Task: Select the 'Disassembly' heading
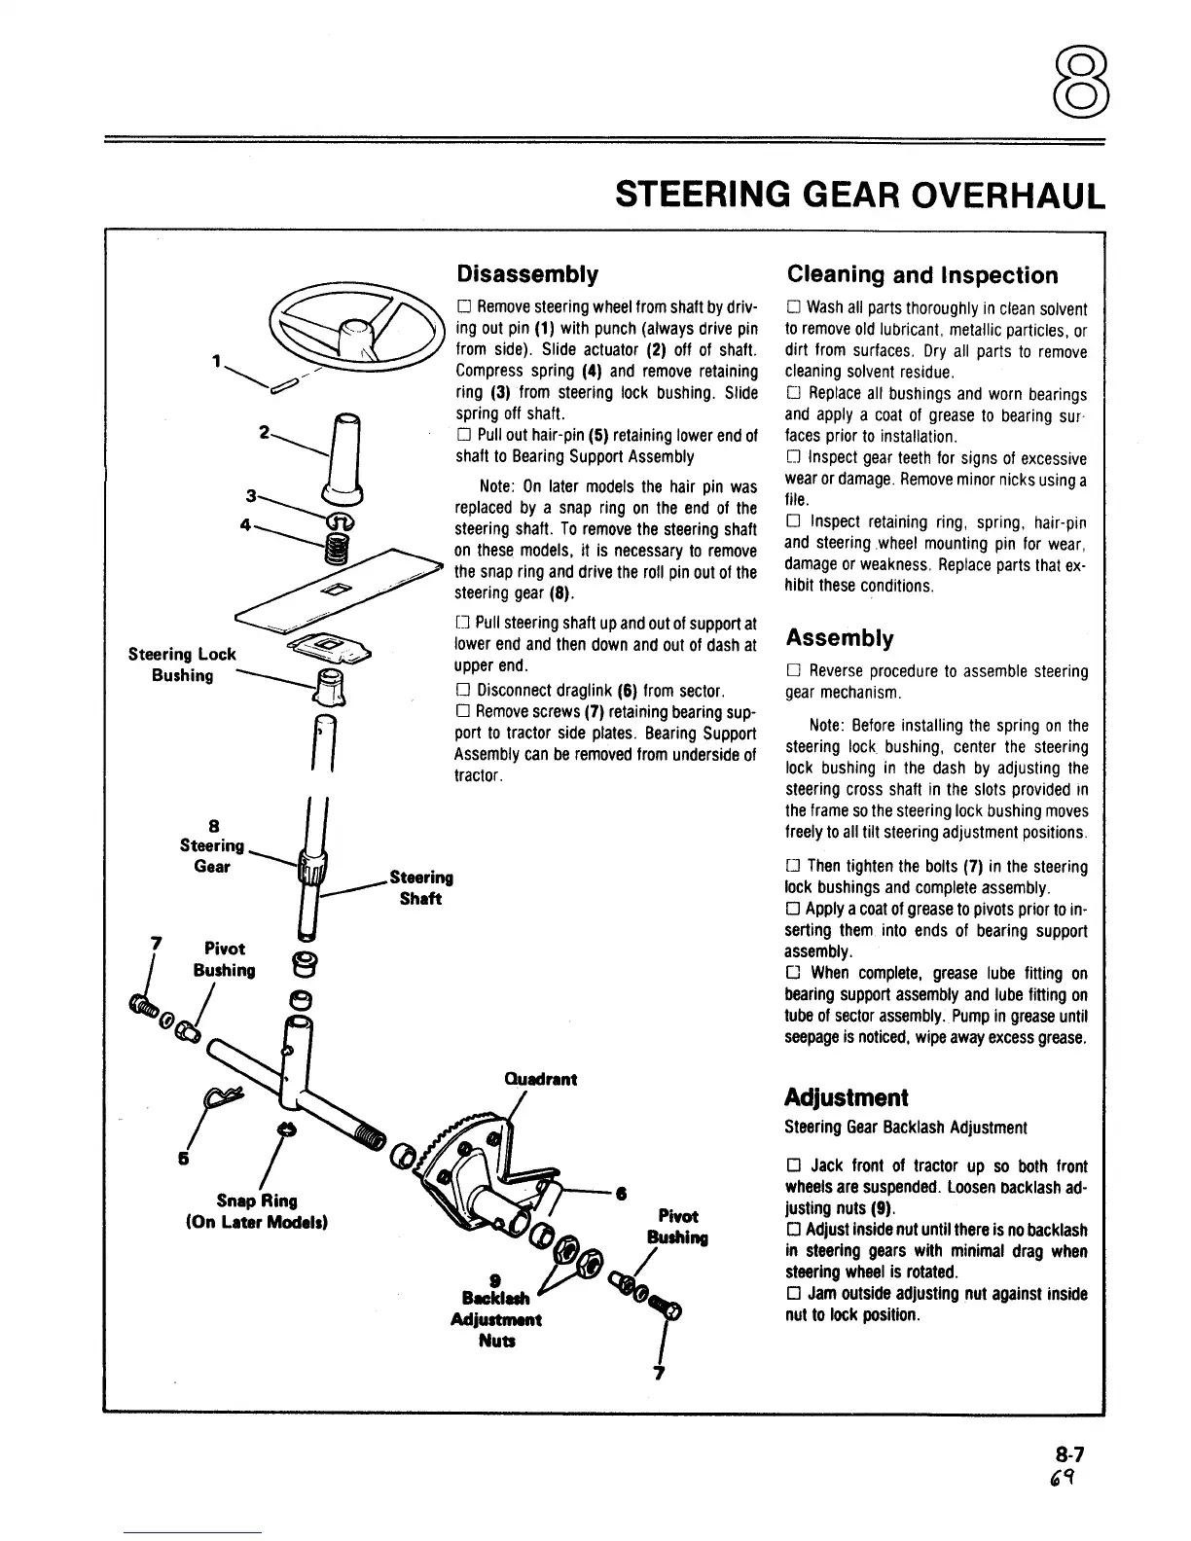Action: [x=527, y=273]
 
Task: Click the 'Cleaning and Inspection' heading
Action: [x=921, y=275]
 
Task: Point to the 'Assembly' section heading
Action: [x=840, y=638]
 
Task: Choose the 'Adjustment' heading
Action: [x=847, y=1097]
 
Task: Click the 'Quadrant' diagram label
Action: [x=541, y=1079]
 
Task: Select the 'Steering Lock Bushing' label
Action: [x=182, y=664]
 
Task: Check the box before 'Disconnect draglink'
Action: [x=463, y=691]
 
